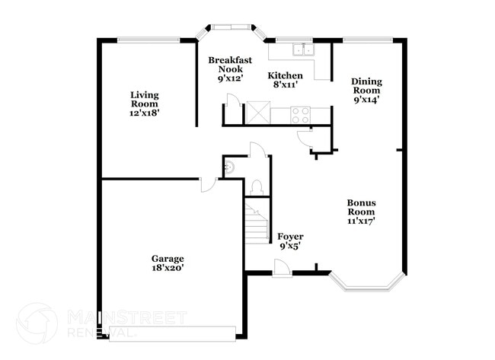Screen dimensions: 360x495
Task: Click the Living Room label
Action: click(143, 103)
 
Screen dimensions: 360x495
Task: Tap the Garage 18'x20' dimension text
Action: click(167, 267)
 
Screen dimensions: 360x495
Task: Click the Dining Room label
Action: click(366, 90)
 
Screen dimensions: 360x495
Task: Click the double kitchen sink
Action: click(303, 50)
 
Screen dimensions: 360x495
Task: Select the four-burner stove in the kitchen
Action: click(301, 115)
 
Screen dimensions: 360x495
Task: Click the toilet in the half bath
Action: click(257, 186)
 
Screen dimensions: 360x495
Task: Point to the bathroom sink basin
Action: click(228, 167)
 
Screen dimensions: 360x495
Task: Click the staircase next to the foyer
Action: click(257, 221)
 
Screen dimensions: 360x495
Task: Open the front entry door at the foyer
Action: click(281, 266)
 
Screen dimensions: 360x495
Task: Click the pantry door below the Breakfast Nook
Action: click(235, 102)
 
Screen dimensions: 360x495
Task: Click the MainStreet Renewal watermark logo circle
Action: click(37, 322)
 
